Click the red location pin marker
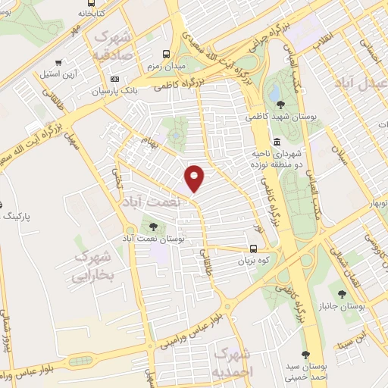[x=195, y=177]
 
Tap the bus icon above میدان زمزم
[x=166, y=54]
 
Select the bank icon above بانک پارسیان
[x=114, y=79]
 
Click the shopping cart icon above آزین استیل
[x=58, y=63]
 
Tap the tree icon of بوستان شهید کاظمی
[x=280, y=105]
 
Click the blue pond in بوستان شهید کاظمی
[x=273, y=92]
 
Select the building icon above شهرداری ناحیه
[x=276, y=141]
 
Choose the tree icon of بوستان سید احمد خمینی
[x=305, y=354]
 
